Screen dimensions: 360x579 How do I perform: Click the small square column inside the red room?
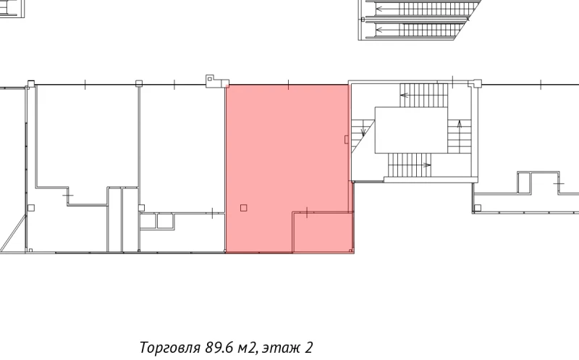pyautogui.click(x=243, y=208)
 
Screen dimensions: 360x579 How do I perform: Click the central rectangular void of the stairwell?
pyautogui.click(x=410, y=130)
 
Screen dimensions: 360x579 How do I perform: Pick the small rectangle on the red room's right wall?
pyautogui.click(x=347, y=138)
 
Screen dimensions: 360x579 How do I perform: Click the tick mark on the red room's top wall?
pyautogui.click(x=288, y=85)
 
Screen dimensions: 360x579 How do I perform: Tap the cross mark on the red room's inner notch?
pyautogui.click(x=308, y=212)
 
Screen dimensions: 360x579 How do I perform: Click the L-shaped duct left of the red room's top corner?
pyautogui.click(x=212, y=80)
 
